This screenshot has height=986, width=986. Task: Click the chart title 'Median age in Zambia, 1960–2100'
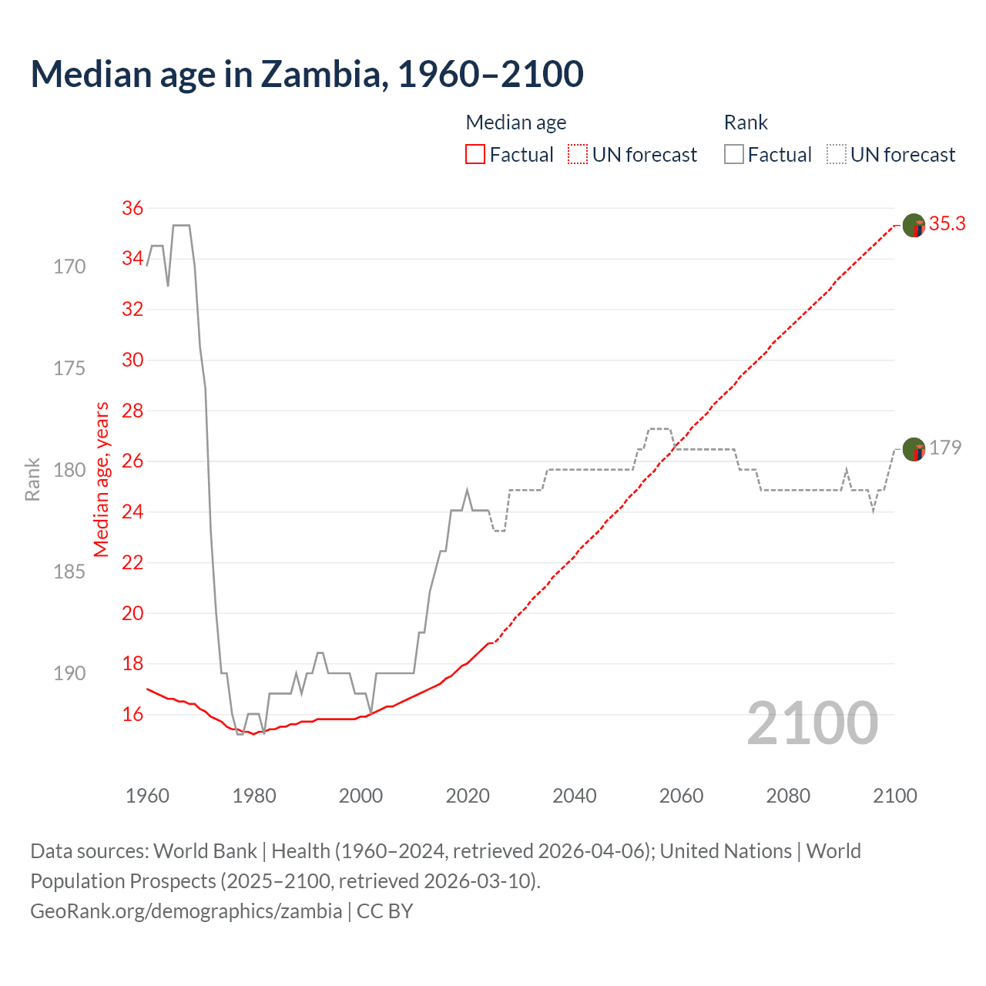(x=307, y=74)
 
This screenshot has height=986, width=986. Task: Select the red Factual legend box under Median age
(x=475, y=155)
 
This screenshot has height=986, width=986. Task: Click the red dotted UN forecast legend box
(x=578, y=155)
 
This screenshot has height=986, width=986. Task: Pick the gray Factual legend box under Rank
(x=734, y=155)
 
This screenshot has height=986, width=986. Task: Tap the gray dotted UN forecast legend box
(x=837, y=155)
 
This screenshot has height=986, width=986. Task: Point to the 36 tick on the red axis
(x=132, y=208)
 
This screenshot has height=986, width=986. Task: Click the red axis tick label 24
(x=132, y=511)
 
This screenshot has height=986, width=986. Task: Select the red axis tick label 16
(x=132, y=715)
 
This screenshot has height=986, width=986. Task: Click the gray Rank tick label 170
(x=69, y=267)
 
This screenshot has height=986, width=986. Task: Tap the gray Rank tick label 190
(x=69, y=673)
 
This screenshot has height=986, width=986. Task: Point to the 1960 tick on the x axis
(x=147, y=796)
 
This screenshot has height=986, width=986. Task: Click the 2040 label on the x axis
(x=575, y=796)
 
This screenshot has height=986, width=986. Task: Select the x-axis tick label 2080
(x=788, y=796)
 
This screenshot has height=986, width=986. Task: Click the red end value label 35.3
(x=947, y=224)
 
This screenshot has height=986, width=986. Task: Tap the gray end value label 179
(x=945, y=448)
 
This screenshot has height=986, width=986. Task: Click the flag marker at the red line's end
(x=914, y=226)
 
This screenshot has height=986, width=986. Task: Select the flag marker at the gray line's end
(x=914, y=449)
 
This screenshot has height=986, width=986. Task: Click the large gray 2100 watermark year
(x=812, y=723)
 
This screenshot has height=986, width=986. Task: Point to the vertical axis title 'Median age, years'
(x=102, y=479)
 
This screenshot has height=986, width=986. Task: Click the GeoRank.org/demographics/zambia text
(x=186, y=911)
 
